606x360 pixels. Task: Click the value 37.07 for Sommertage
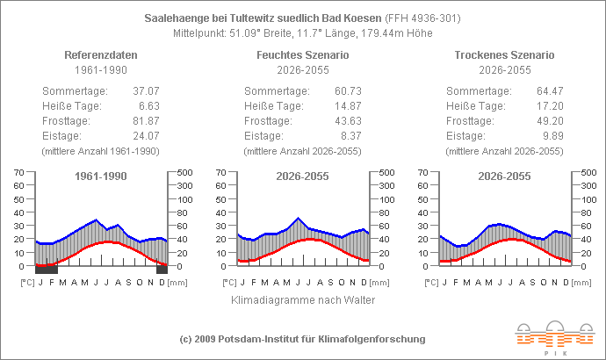tap(145, 91)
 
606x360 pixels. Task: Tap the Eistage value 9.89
tap(552, 136)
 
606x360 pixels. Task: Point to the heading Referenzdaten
tap(101, 54)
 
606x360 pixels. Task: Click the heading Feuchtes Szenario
tap(303, 54)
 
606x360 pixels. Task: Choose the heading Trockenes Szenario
tap(505, 54)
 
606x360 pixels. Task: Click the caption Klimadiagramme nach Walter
tap(303, 299)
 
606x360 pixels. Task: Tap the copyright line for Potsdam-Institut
tap(303, 338)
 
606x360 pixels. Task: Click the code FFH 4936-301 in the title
tap(426, 18)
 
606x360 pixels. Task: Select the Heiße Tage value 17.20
tap(550, 106)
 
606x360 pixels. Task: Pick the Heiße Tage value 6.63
tap(148, 106)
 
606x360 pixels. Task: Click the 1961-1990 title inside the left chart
tap(101, 176)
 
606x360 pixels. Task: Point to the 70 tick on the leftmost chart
tap(19, 172)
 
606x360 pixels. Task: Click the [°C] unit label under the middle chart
tap(229, 282)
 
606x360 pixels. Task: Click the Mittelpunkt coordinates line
tap(303, 32)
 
